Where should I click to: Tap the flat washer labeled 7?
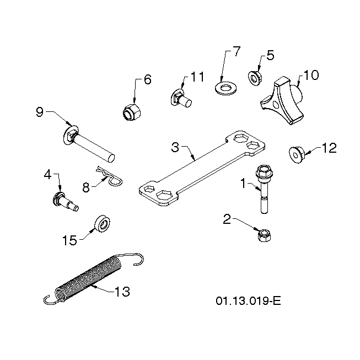226,88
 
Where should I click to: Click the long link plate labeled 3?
202,168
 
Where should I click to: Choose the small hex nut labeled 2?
264,235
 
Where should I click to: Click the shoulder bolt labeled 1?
264,188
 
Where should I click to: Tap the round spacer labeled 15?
102,224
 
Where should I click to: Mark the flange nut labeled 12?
297,155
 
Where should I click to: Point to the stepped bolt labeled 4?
65,202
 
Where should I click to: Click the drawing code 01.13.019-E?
248,301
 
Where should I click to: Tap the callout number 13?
122,292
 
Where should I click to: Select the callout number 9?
40,112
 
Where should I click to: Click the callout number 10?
311,75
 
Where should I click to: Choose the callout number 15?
70,240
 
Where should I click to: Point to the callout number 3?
175,147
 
